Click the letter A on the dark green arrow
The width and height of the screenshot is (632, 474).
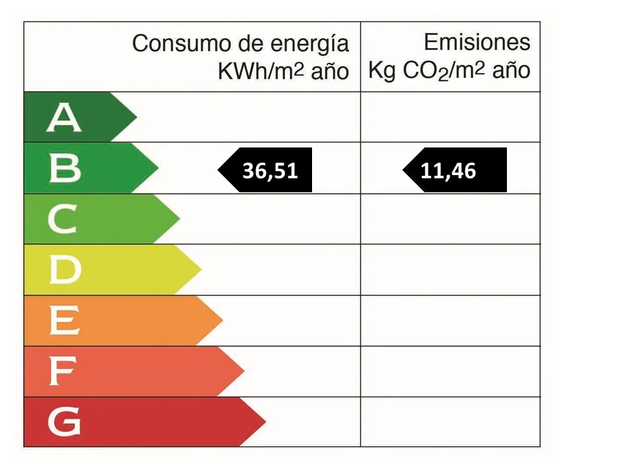[x=64, y=118]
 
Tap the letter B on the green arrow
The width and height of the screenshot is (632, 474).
[x=65, y=169]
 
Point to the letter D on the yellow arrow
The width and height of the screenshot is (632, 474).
[x=65, y=270]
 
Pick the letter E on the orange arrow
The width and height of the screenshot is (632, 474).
[x=65, y=321]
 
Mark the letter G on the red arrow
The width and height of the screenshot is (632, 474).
[x=65, y=422]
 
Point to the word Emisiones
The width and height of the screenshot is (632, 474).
[x=477, y=43]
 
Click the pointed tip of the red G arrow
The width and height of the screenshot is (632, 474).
[x=265, y=421]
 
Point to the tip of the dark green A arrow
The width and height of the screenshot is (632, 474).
[x=136, y=118]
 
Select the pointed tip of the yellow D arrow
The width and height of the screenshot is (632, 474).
[x=200, y=270]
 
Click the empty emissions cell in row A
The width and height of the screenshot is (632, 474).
[x=450, y=117]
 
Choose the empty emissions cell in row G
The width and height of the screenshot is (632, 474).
[x=450, y=422]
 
